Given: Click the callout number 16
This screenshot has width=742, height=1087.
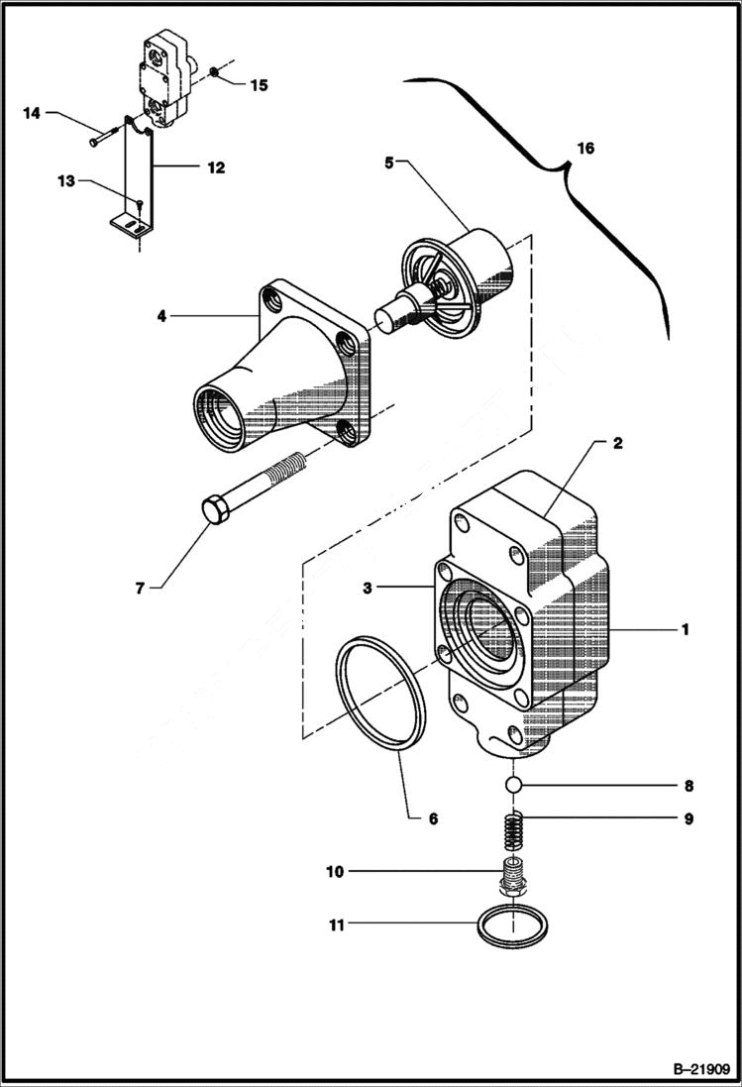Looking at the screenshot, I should click(x=585, y=148).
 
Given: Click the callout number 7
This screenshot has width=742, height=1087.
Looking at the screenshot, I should click(x=141, y=589).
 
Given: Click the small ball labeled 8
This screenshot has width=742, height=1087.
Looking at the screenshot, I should click(x=514, y=786).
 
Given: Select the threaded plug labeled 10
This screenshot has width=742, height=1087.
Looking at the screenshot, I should click(x=514, y=877).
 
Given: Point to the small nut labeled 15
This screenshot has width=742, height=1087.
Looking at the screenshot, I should click(x=214, y=73).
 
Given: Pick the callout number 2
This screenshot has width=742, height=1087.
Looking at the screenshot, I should click(x=616, y=443).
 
